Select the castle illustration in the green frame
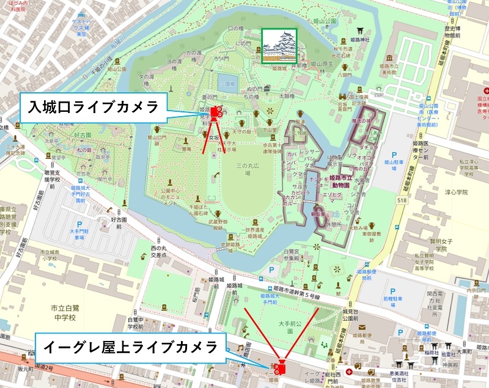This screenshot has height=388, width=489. [279, 46]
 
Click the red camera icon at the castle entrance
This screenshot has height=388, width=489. [216, 112]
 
